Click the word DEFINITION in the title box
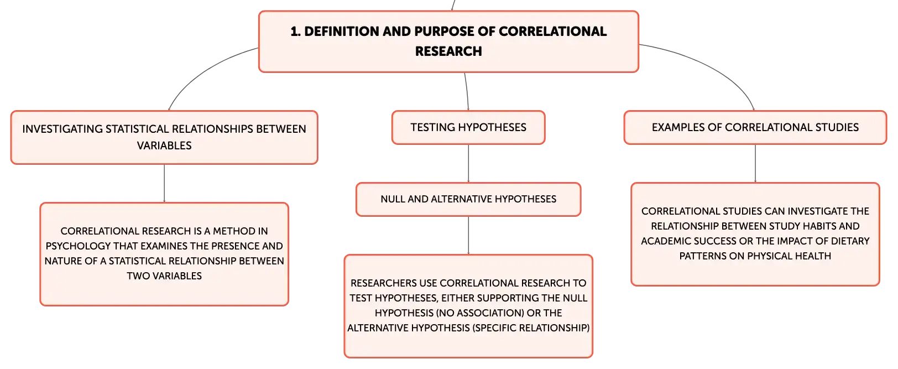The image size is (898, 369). tap(341, 32)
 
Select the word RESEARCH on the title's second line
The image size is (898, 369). tap(448, 51)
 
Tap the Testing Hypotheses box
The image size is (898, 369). tap(468, 128)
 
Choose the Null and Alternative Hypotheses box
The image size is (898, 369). tap(468, 199)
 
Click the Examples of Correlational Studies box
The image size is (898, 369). tap(755, 128)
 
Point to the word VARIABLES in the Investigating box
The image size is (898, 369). tap(164, 145)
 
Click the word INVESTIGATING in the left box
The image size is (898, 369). tap(62, 129)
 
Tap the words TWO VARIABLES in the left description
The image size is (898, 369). tap(164, 276)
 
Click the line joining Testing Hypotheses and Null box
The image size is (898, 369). tap(468, 164)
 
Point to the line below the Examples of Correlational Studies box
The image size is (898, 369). tap(755, 164)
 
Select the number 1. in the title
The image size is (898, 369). tap(295, 32)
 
